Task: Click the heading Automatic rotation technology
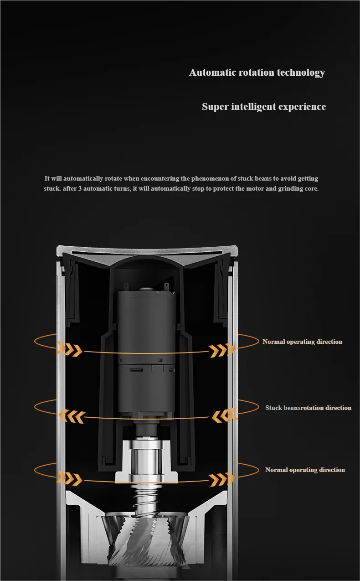[257, 73]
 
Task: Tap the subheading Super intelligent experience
[264, 107]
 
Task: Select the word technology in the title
[301, 73]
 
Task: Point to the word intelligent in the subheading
[253, 107]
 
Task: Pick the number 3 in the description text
[80, 188]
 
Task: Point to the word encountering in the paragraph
[160, 178]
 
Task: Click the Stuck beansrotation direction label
[308, 408]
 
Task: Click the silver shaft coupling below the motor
[147, 459]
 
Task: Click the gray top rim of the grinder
[147, 250]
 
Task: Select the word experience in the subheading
[302, 107]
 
